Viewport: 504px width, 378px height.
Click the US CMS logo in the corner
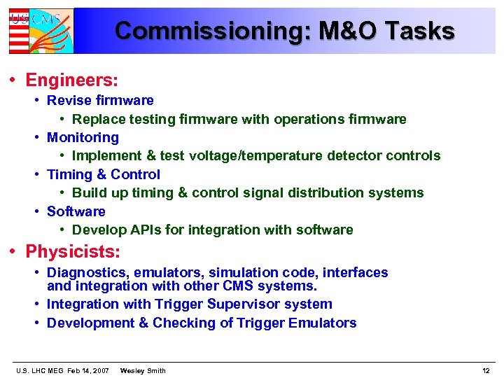pos(41,31)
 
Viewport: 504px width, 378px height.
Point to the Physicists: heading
pos(73,251)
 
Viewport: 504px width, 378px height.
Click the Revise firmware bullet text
pos(100,100)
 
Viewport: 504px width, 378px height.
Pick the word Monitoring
pos(83,137)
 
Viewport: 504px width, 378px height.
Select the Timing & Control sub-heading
pos(104,174)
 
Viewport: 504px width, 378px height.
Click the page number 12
pos(486,370)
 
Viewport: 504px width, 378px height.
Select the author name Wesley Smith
pos(143,370)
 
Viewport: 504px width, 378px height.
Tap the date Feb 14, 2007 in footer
pos(88,370)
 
